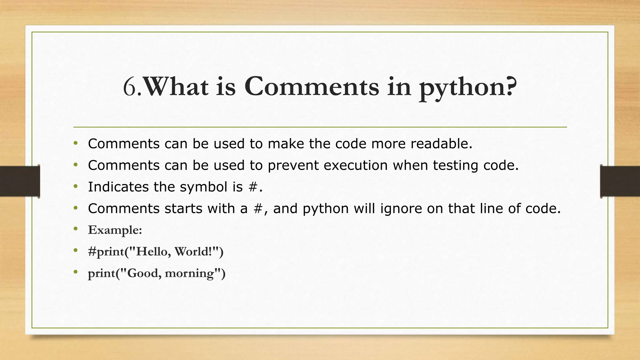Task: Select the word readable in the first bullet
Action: (441, 144)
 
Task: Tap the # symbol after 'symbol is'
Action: (253, 187)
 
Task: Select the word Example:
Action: (115, 230)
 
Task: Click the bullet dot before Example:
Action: (75, 229)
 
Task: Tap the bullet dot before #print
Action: (75, 251)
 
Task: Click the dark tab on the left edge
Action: (20, 181)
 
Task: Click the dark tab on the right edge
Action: (620, 181)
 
